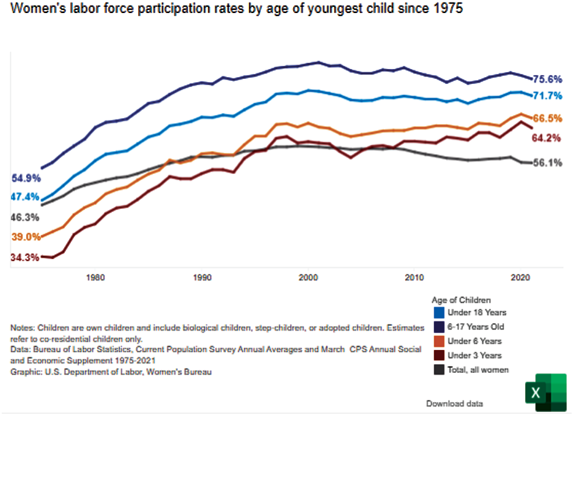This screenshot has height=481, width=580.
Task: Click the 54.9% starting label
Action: (x=26, y=178)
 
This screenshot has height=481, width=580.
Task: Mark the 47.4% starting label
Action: (x=26, y=197)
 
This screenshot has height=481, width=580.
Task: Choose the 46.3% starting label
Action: (x=26, y=218)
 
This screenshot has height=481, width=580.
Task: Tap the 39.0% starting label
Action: (x=26, y=237)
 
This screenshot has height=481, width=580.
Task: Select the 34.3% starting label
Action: (x=26, y=257)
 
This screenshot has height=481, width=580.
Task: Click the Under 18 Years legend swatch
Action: (x=439, y=312)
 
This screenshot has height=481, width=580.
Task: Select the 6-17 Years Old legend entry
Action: (x=475, y=326)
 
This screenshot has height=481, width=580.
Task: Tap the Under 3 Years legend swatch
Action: (x=439, y=355)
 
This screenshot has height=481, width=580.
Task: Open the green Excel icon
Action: (x=546, y=392)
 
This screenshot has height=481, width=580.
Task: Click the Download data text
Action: (x=454, y=404)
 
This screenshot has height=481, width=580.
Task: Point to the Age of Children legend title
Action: (x=461, y=300)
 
